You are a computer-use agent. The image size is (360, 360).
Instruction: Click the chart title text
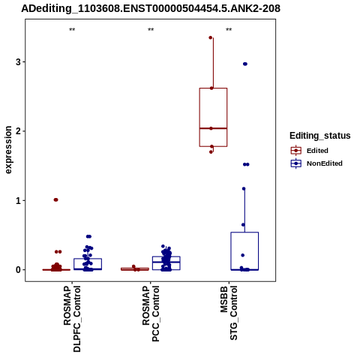tap(151, 8)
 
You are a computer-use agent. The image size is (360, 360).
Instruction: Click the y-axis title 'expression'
tap(8, 150)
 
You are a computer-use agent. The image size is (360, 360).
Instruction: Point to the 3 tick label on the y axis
tap(18, 61)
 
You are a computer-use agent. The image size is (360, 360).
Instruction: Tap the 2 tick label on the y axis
tap(18, 131)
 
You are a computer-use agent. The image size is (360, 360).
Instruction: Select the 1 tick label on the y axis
tap(18, 200)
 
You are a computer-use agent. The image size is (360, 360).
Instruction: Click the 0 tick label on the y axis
tap(18, 270)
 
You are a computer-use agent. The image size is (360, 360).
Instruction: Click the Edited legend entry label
tap(317, 151)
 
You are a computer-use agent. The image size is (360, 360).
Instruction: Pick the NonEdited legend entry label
tap(325, 163)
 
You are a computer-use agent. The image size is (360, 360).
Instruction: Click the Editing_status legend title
tap(320, 136)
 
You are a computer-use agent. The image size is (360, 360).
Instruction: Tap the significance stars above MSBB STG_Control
tap(229, 30)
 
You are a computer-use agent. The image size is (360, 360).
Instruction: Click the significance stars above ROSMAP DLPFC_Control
tap(72, 30)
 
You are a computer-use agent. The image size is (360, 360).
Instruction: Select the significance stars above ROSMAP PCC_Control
tap(151, 30)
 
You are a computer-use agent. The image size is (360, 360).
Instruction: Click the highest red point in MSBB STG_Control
tap(211, 37)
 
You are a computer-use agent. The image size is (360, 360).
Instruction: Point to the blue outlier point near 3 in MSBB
tap(245, 64)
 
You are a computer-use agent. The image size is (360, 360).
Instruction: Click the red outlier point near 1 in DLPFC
tap(55, 199)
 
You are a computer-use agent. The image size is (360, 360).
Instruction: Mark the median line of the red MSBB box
tap(213, 128)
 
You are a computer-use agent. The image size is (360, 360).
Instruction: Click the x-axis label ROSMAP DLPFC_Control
tap(72, 319)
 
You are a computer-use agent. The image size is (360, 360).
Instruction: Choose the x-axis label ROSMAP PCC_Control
tap(151, 313)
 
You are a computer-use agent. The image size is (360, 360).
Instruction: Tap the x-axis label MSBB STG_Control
tap(229, 313)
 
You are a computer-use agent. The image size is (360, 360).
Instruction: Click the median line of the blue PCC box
tap(166, 262)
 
